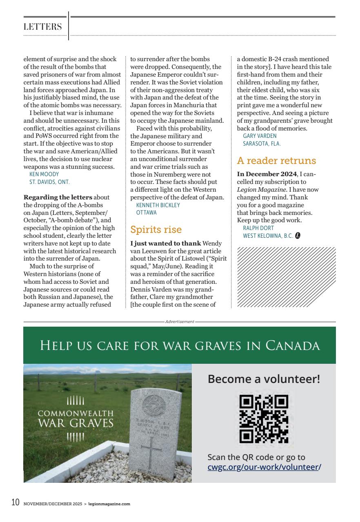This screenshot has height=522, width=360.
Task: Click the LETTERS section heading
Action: pos(43,27)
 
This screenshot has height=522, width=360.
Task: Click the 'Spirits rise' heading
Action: pos(156,230)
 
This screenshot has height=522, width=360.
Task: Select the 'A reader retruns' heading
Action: pos(276,161)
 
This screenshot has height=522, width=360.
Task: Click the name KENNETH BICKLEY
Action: pos(158,205)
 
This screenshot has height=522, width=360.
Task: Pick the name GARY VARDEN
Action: pos(260,136)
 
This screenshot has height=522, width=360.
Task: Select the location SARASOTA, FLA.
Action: pos(262,144)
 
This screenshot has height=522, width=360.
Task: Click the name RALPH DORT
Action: pos(258,228)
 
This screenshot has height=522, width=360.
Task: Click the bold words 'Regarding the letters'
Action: pos(52,197)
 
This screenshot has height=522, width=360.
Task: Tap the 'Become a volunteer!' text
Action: pos(264,379)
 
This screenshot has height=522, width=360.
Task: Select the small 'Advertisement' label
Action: pos(180,322)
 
